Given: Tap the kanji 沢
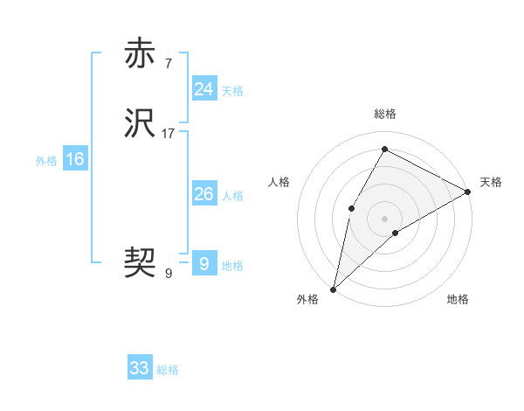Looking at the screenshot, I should (x=140, y=123).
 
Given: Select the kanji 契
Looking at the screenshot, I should (x=140, y=261).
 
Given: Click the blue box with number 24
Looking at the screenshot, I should (x=203, y=89).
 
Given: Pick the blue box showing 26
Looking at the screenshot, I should (x=203, y=194).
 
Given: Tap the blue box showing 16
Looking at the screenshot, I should (x=74, y=159).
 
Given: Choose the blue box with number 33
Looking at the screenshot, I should (x=140, y=368).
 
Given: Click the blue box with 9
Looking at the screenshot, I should (x=203, y=263).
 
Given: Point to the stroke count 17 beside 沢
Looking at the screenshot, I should (x=169, y=134).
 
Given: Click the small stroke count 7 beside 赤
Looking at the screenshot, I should (x=168, y=63).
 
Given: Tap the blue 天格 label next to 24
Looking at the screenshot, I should (x=232, y=91).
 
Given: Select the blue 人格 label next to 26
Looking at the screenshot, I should (x=232, y=196).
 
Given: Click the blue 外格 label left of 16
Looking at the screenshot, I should (x=46, y=161).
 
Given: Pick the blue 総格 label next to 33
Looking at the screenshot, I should (x=168, y=370).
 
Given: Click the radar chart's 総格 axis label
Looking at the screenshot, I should (x=384, y=114).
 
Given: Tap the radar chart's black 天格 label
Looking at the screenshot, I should (x=491, y=182).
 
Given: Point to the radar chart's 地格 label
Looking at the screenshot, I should (x=458, y=300).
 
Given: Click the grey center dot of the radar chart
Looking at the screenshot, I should (x=384, y=218).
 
